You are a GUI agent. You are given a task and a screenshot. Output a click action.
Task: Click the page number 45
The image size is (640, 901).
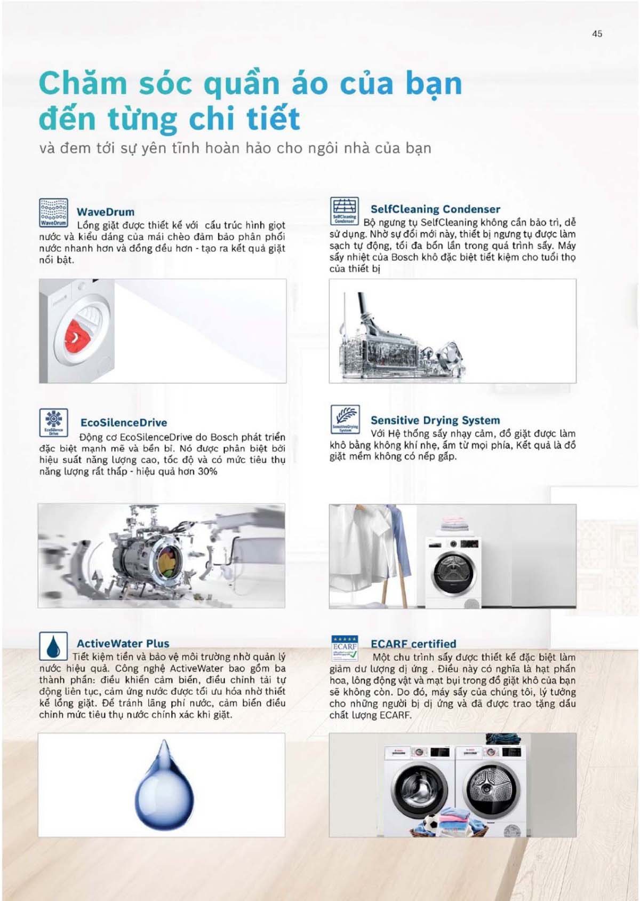click(x=597, y=34)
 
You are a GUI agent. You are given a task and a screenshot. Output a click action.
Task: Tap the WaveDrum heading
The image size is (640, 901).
click(x=105, y=212)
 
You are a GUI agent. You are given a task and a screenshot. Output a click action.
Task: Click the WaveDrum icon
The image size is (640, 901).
click(x=53, y=212)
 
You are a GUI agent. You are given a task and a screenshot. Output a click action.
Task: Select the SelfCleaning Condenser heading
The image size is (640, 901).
click(x=435, y=209)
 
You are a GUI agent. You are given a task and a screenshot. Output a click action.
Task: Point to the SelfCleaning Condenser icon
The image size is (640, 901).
click(x=345, y=210)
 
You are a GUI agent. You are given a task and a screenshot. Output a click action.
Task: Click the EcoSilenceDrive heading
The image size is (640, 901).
click(x=123, y=423)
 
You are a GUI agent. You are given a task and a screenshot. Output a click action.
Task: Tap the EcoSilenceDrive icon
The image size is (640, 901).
click(x=53, y=422)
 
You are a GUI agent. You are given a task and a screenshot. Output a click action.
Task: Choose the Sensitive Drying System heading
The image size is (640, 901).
click(x=435, y=420)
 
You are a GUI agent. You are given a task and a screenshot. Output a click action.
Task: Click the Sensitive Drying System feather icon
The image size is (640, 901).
click(x=345, y=419)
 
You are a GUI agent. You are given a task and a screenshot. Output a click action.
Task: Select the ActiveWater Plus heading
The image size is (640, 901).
click(x=123, y=644)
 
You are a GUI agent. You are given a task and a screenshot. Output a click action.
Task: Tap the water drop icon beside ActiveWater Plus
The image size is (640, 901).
click(x=53, y=646)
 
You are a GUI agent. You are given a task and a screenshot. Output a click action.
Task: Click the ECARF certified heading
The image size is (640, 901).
click(x=413, y=644)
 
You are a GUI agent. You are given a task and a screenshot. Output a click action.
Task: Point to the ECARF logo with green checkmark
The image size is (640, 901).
click(x=345, y=647)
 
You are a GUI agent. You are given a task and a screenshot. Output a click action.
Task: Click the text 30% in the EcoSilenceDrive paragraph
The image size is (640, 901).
click(x=207, y=472)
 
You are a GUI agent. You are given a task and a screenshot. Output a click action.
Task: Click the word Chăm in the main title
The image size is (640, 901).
click(x=83, y=84)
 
